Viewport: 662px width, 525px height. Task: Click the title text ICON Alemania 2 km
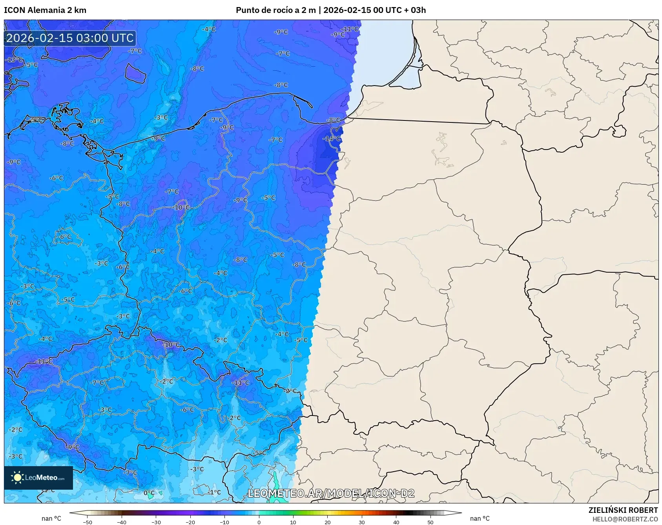(45, 10)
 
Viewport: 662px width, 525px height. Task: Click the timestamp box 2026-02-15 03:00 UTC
(70, 38)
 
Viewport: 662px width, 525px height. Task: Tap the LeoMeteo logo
(38, 478)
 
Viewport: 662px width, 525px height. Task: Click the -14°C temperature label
(332, 139)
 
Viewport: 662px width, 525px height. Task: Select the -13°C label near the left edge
(14, 60)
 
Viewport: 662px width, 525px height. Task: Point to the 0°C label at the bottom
(149, 493)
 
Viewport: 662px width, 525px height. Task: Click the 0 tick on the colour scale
(259, 522)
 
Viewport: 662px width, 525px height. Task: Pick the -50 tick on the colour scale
(88, 522)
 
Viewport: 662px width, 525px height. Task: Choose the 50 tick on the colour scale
(430, 522)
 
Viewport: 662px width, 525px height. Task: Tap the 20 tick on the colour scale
(327, 522)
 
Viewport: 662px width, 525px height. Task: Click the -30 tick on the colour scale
(156, 522)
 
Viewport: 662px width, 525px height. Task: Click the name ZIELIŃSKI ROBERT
(623, 510)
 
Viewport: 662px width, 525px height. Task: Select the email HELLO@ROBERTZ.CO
(625, 519)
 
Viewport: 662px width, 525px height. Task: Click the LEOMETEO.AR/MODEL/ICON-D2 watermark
(331, 493)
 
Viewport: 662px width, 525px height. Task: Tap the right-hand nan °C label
(480, 518)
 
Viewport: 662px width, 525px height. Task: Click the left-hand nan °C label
(51, 518)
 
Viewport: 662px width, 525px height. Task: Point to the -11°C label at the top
(350, 29)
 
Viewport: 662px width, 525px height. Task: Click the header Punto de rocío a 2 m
(275, 10)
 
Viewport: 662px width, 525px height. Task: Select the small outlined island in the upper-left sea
(135, 73)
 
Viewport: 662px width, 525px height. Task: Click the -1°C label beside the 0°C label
(214, 492)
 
